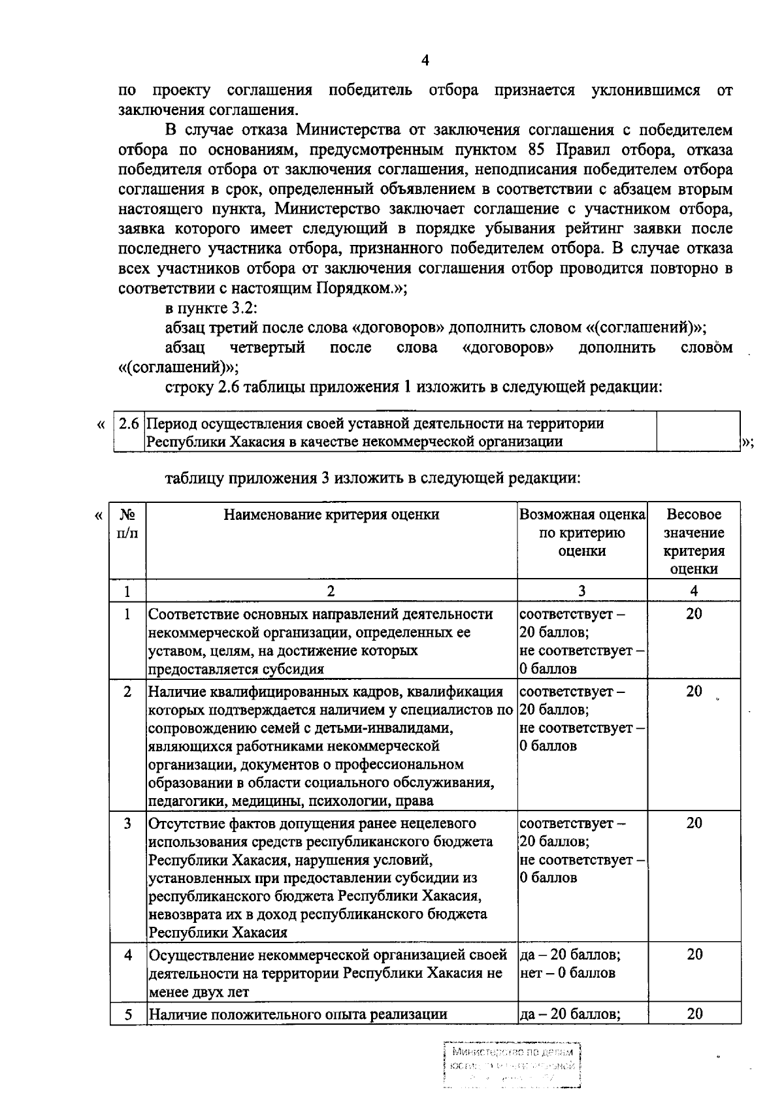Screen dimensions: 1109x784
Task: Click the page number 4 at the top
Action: pos(425,61)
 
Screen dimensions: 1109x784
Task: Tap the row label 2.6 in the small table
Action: pos(129,423)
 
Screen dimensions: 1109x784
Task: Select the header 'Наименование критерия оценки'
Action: pos(331,515)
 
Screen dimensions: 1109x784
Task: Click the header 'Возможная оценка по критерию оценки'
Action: pos(582,532)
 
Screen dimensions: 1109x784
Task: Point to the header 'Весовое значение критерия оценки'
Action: pos(694,541)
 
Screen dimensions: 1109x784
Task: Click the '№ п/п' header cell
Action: pos(127,523)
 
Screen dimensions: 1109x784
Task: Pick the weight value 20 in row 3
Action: pos(694,823)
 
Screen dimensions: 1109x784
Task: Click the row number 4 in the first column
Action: pos(128,955)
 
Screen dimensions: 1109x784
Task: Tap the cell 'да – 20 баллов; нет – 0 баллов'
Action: pos(570,963)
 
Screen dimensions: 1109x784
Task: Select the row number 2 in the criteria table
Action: pos(128,692)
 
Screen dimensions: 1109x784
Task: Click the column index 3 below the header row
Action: pos(581,591)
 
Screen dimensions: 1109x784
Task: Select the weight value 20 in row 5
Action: pos(694,1014)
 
